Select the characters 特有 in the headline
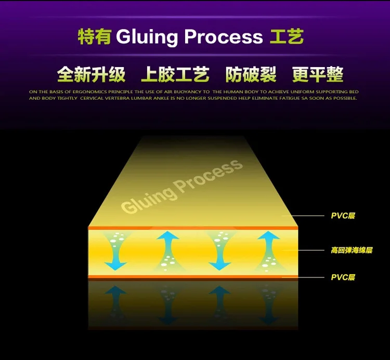94,37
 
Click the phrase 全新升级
92,75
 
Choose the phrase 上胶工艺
175,75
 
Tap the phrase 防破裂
251,75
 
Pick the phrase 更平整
318,75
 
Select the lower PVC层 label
343,277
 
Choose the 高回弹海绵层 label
352,250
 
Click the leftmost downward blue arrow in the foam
116,252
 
